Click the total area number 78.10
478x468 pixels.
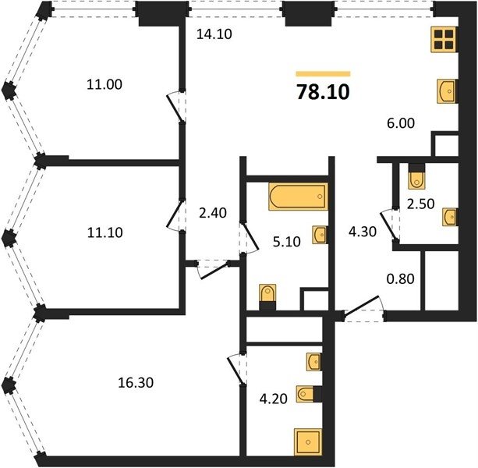(x=323, y=91)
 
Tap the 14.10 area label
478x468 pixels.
(x=214, y=34)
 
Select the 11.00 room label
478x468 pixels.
(x=104, y=84)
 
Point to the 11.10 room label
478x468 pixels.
(x=104, y=232)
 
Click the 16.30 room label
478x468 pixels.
(x=136, y=383)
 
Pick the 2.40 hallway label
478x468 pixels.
(x=212, y=213)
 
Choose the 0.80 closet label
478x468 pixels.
(x=400, y=278)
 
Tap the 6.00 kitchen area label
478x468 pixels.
(x=401, y=123)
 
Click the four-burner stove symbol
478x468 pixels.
(x=444, y=39)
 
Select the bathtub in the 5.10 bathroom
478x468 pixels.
(x=298, y=197)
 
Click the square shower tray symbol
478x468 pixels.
(x=308, y=441)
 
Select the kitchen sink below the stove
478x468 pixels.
(x=446, y=91)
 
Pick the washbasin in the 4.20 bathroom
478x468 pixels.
(x=314, y=362)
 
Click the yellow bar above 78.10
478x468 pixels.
(x=323, y=73)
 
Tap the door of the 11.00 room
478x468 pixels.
(x=175, y=107)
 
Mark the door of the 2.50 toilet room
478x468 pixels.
(x=388, y=224)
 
